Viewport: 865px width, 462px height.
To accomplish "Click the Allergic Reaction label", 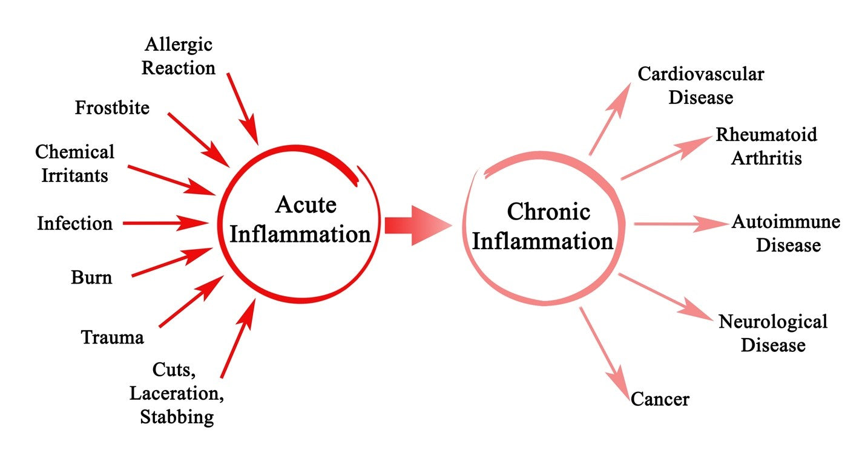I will tap(179, 56).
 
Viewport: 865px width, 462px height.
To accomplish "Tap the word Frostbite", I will tap(112, 108).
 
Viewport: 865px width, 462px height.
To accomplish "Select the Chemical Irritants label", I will tap(74, 163).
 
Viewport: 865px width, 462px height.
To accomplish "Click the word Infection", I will tap(74, 223).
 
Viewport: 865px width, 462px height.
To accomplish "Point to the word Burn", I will tap(91, 278).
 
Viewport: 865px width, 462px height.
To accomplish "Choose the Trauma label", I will tap(113, 337).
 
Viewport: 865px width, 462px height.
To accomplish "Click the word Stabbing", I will tap(177, 417).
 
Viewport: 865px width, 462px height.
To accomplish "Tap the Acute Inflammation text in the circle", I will tap(301, 220).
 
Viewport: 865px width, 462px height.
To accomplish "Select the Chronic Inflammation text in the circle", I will tap(542, 227).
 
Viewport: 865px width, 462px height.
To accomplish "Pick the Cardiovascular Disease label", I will tap(701, 85).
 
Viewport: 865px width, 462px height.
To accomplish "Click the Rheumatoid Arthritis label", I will tap(766, 146).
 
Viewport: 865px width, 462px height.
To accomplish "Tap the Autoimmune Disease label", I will tap(786, 233).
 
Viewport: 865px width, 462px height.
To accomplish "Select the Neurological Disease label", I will tap(773, 333).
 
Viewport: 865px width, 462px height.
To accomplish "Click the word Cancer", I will tap(660, 399).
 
